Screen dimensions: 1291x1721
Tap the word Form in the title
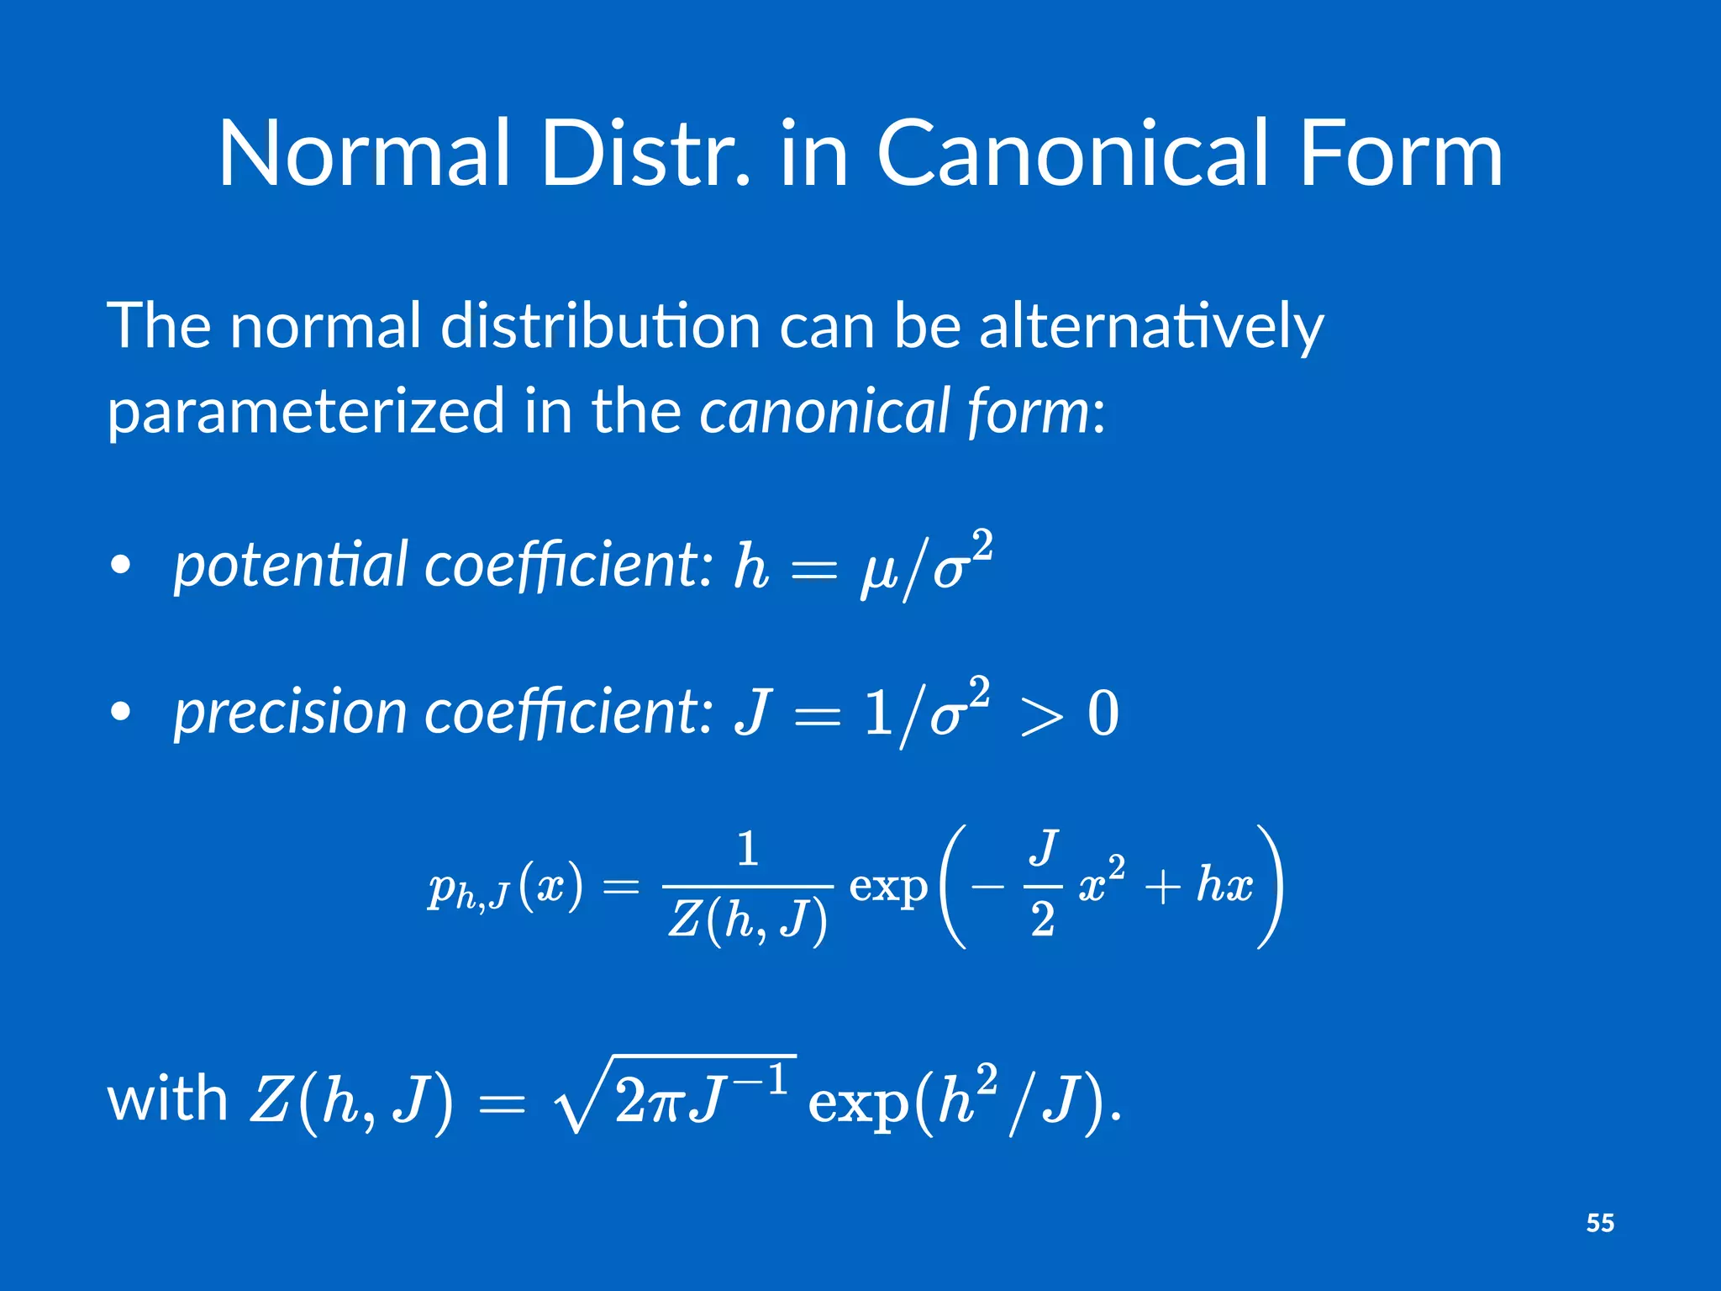tap(1400, 154)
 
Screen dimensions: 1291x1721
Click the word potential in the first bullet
tap(291, 565)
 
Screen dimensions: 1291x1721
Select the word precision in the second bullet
tap(291, 712)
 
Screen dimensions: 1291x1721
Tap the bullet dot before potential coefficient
tap(121, 565)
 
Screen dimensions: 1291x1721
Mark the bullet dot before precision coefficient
tap(121, 711)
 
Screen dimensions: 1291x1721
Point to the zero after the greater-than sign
tap(1103, 714)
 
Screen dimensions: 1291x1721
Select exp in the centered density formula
tap(887, 886)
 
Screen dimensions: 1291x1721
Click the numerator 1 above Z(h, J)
tap(747, 849)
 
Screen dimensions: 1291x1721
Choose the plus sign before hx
tap(1163, 888)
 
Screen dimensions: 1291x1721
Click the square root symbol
tap(580, 1097)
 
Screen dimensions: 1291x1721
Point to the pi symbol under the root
tap(664, 1102)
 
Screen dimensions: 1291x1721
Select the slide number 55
tap(1600, 1223)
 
